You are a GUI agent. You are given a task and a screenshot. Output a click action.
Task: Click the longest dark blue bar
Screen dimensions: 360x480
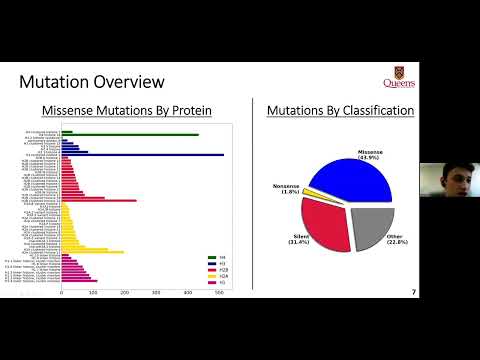[x=140, y=155]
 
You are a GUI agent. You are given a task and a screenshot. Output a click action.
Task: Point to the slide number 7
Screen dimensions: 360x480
[x=414, y=292]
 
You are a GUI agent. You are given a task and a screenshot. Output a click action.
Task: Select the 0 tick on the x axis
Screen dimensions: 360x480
[x=62, y=292]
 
